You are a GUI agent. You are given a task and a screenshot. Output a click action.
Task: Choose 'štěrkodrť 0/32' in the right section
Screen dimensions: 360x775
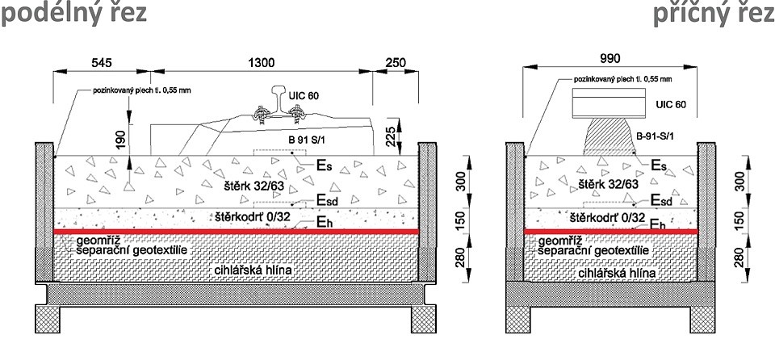tap(606, 217)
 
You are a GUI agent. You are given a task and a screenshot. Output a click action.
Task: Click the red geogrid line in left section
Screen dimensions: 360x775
tap(234, 232)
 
